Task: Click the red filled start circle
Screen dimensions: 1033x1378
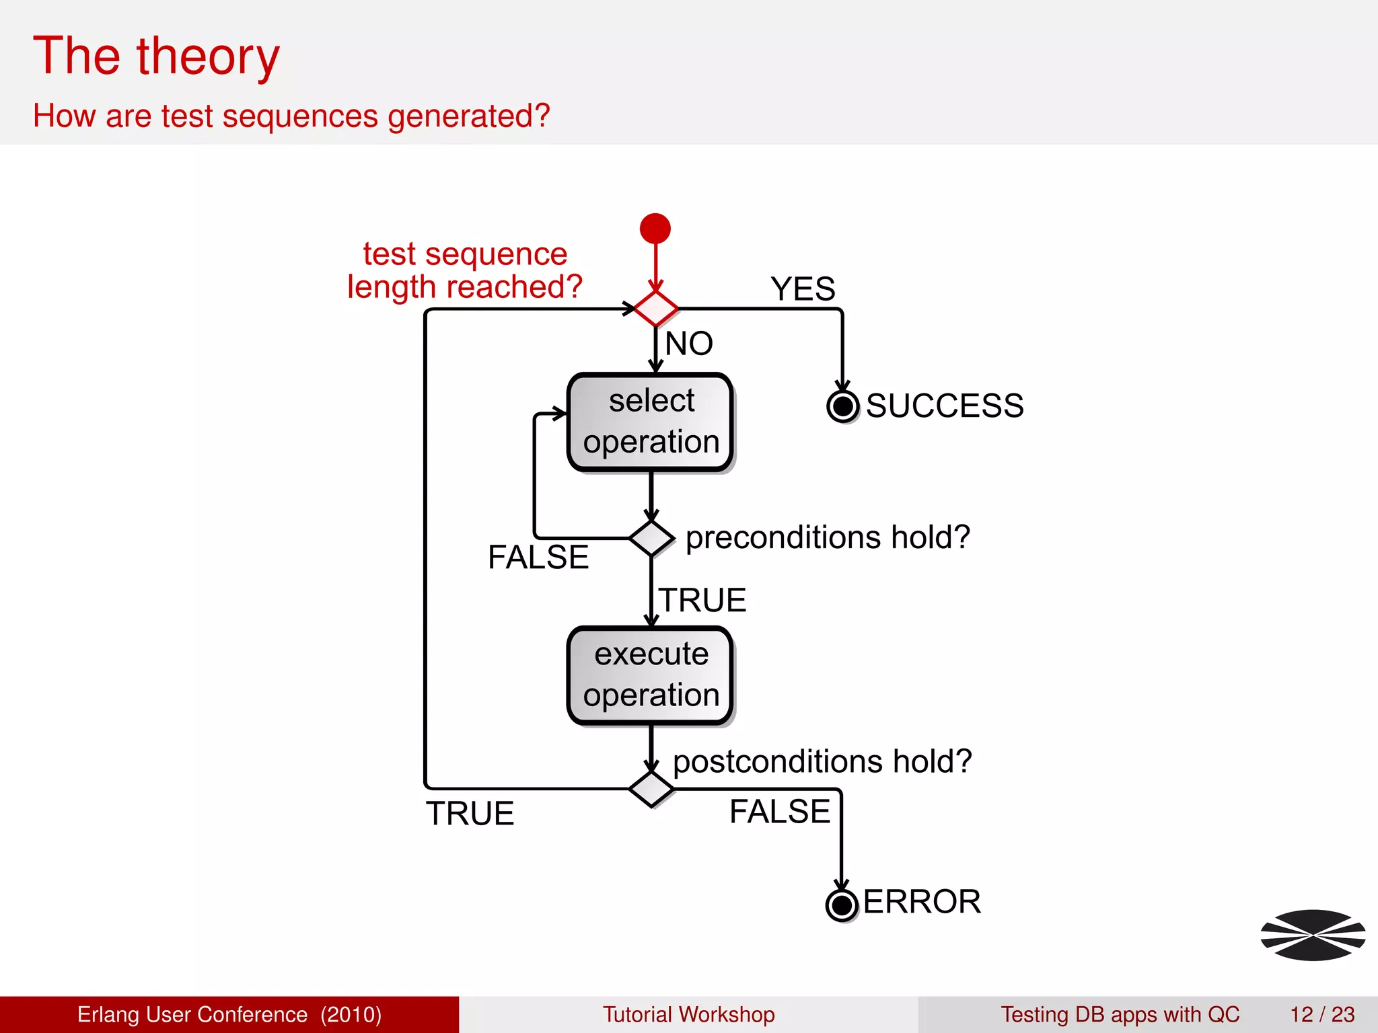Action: (x=655, y=229)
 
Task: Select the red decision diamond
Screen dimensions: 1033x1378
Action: (x=656, y=309)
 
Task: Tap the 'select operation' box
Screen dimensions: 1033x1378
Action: (x=650, y=422)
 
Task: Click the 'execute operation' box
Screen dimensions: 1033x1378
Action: (x=650, y=675)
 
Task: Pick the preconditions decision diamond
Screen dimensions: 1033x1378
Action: (x=651, y=538)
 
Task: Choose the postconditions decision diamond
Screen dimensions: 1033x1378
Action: (x=651, y=789)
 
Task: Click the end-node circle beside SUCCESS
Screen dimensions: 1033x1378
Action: (x=842, y=406)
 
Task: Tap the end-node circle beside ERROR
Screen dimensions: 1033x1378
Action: (x=841, y=905)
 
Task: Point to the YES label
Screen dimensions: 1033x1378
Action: (x=803, y=289)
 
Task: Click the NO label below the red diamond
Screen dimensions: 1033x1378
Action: (x=688, y=344)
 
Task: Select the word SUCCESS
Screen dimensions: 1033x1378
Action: (x=944, y=406)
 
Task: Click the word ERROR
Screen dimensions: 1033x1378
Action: (x=921, y=902)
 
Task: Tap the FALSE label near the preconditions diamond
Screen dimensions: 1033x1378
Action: (x=538, y=558)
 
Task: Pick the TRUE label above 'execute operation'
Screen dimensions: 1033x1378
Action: (x=702, y=600)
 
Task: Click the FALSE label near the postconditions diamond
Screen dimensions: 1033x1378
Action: (x=780, y=812)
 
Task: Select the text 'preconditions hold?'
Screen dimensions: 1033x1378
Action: (x=828, y=537)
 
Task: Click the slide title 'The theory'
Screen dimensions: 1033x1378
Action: (x=156, y=56)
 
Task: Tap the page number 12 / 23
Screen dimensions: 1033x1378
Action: (x=1321, y=1014)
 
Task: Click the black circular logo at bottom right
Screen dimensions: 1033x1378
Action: (x=1313, y=935)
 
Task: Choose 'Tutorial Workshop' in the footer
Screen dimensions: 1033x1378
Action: (x=688, y=1014)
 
